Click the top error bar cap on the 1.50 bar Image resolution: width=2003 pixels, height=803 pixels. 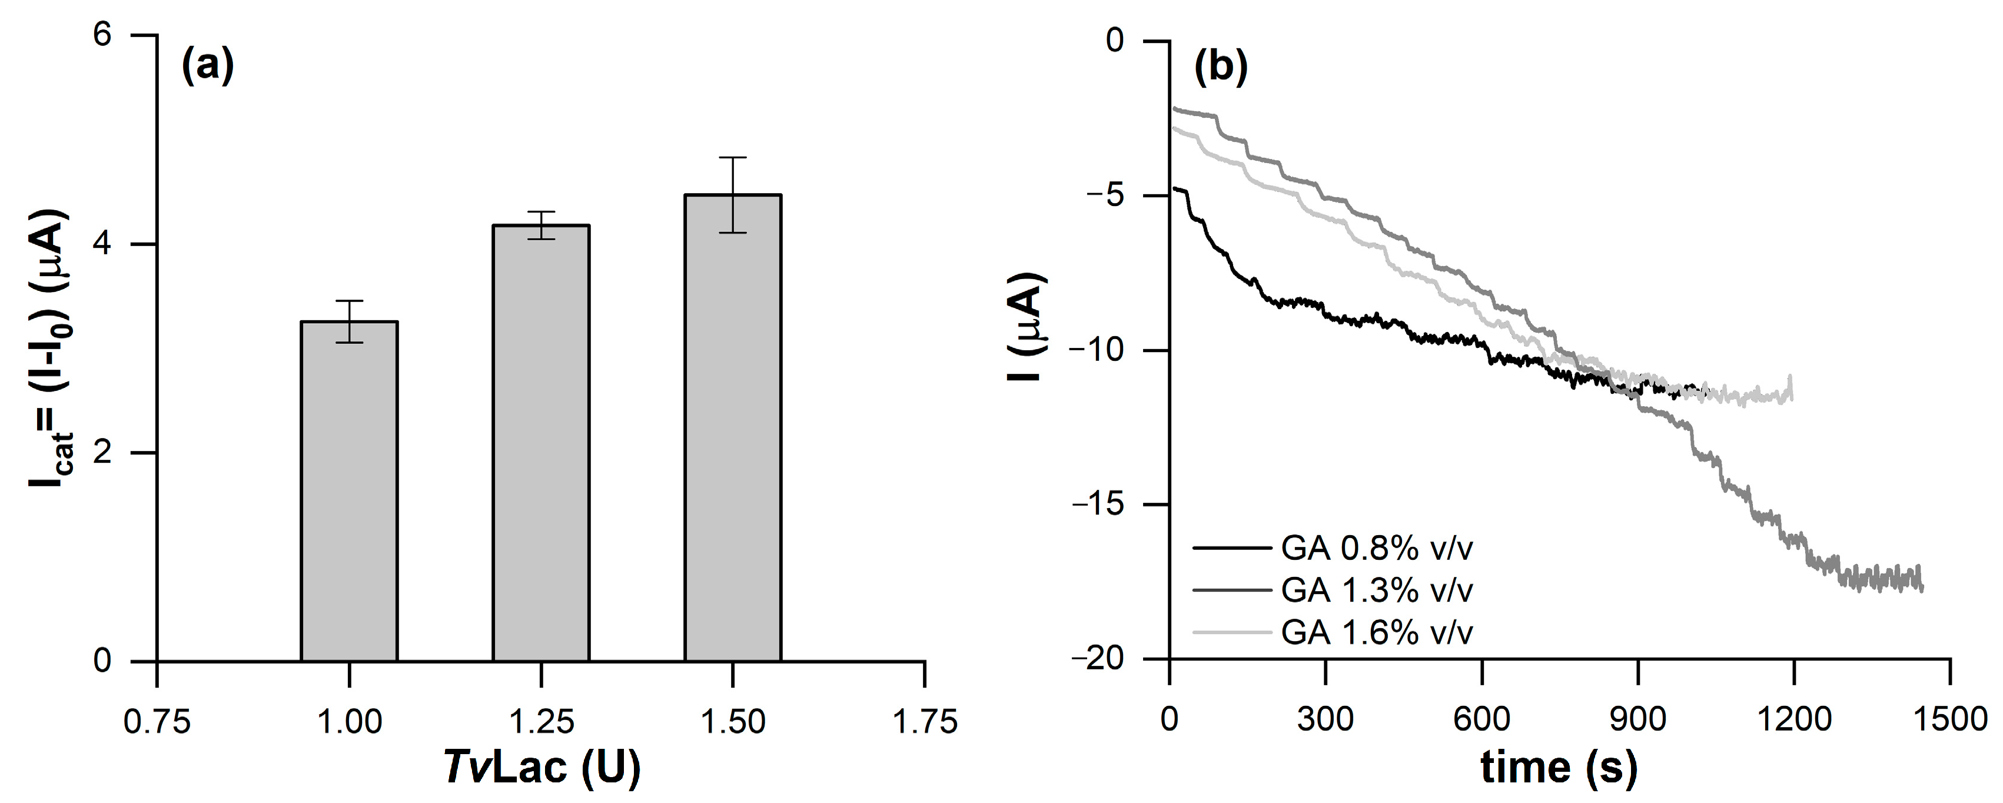[732, 158]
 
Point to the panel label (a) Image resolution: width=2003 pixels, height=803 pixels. [207, 67]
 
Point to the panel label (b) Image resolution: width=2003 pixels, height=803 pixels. [1220, 67]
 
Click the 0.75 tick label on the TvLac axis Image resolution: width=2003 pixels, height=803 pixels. [157, 722]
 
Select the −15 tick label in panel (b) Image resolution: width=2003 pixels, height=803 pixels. [1097, 505]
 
